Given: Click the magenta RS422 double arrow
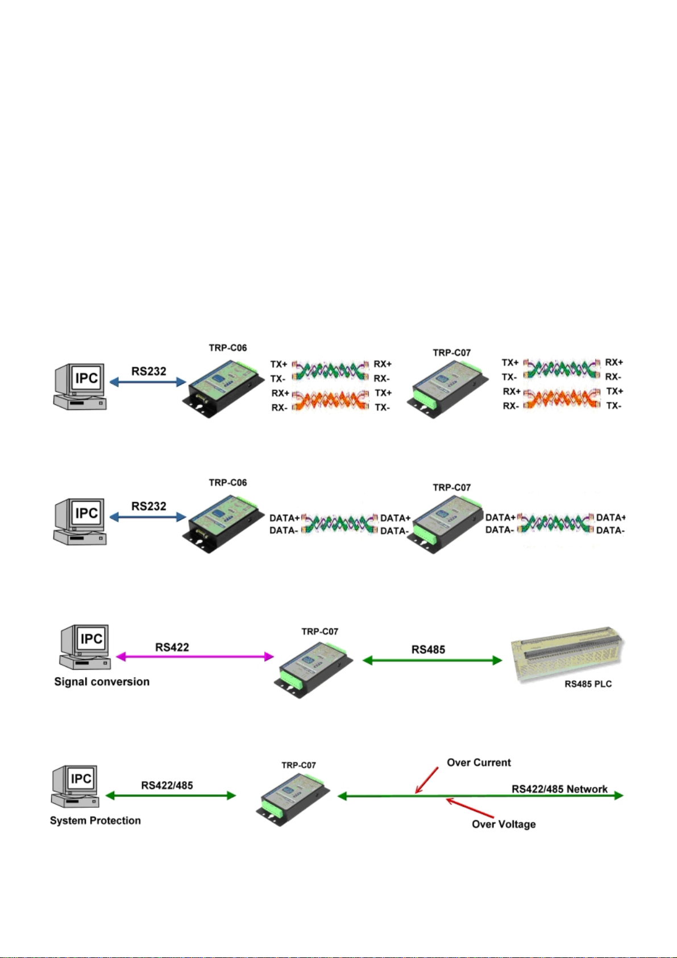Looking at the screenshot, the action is tap(194, 657).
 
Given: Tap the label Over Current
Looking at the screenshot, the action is tap(479, 762).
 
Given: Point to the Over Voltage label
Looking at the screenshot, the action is tap(504, 824).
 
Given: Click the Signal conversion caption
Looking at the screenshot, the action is tap(102, 682).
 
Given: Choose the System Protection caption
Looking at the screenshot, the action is tap(95, 820).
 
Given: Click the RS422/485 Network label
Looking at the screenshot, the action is tap(559, 789).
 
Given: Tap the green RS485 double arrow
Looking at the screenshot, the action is tap(432, 660).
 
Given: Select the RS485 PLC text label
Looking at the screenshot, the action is tap(588, 685).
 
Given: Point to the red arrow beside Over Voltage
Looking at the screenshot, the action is tap(470, 807).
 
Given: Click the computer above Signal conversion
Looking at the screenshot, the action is tap(85, 646).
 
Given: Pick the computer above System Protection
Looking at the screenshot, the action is tap(74, 786).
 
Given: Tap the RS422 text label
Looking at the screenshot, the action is tap(172, 647).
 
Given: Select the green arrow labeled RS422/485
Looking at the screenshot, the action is tap(171, 795).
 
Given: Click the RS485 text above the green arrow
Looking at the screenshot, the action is tap(428, 650).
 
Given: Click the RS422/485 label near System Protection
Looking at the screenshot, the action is tap(167, 785).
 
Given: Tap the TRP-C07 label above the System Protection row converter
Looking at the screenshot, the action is tap(298, 765).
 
